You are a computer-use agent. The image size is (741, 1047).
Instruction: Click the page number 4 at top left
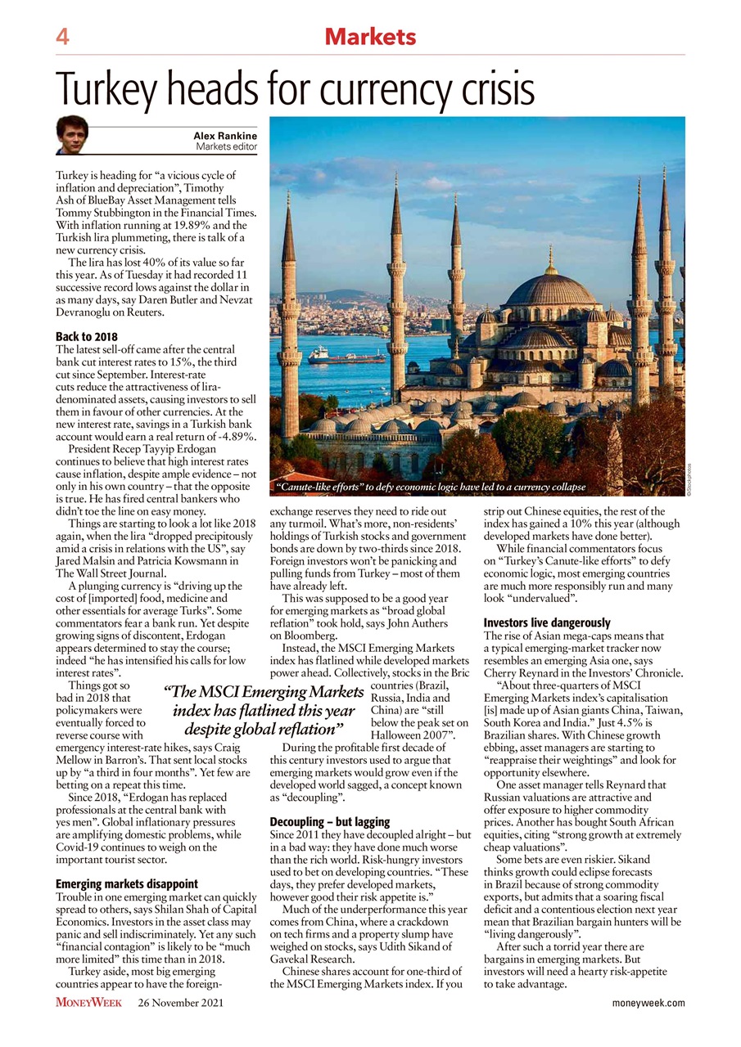coord(62,37)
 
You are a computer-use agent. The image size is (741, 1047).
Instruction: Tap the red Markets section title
coord(370,37)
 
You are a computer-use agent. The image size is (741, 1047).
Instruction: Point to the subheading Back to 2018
coord(86,337)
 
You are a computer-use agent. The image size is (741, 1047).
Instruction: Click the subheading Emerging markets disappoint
coord(126,883)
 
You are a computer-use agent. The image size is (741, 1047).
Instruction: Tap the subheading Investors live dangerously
coord(545,622)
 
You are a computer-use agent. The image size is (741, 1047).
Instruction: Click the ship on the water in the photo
coord(344,357)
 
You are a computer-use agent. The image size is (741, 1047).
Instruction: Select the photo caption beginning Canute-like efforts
coord(431,488)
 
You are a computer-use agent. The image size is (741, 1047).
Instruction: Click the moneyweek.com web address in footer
coord(648,1002)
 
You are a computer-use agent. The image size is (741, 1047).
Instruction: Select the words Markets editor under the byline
coord(226,146)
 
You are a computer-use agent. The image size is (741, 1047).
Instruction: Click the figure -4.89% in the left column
coord(234,437)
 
